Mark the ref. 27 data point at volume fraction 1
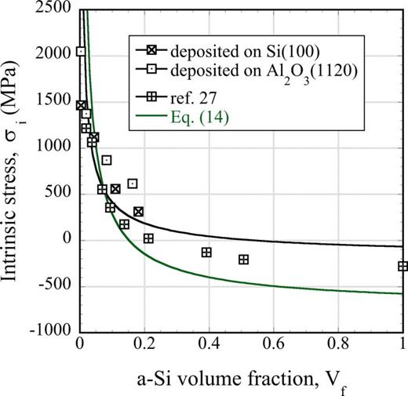(x=403, y=267)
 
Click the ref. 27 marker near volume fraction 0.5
(x=243, y=260)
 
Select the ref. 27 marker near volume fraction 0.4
(x=207, y=252)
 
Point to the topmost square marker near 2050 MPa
(x=81, y=52)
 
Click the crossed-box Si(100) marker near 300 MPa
(x=138, y=212)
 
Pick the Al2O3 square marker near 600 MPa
(x=133, y=183)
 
